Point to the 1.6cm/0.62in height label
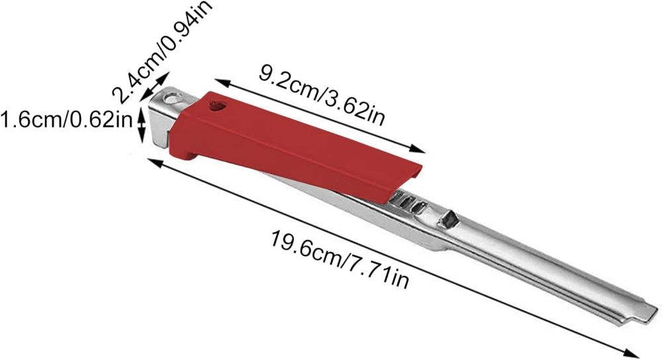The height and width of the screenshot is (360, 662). [66, 120]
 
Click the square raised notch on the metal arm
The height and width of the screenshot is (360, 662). [451, 216]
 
